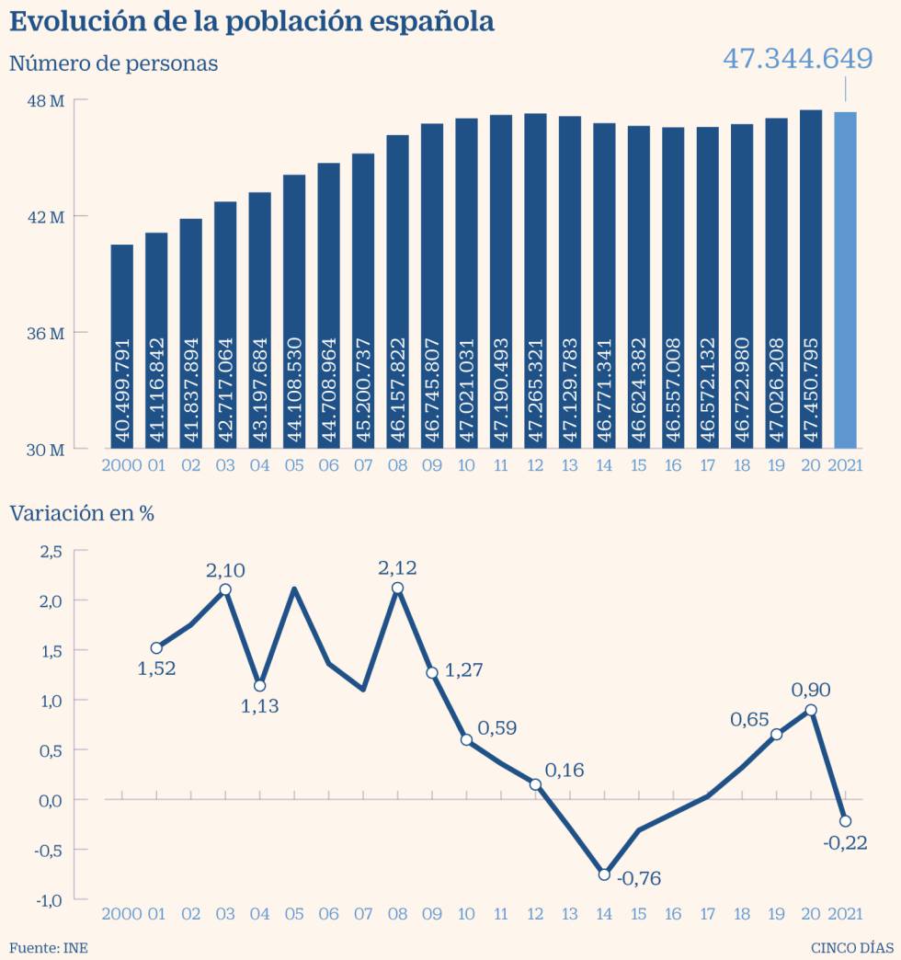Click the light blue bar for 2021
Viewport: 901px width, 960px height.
pyautogui.click(x=845, y=280)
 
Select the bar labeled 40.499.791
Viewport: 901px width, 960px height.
pyautogui.click(x=121, y=347)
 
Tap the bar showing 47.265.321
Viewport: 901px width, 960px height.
pyautogui.click(x=535, y=280)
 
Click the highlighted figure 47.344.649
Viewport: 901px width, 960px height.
pyautogui.click(x=797, y=59)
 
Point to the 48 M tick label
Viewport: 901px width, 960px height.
pyautogui.click(x=44, y=100)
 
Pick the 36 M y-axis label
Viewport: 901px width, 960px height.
pyautogui.click(x=44, y=333)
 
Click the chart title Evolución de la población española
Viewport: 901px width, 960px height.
pyautogui.click(x=252, y=22)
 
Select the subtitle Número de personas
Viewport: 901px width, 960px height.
pyautogui.click(x=113, y=63)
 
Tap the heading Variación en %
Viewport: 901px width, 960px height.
pyautogui.click(x=82, y=513)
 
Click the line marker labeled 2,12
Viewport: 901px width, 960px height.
pyautogui.click(x=397, y=589)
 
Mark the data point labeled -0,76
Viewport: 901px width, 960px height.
pyautogui.click(x=604, y=874)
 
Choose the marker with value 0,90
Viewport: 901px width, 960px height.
pyautogui.click(x=811, y=710)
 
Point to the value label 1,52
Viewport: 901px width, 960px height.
pyautogui.click(x=156, y=669)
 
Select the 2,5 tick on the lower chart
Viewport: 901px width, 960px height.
pyautogui.click(x=50, y=551)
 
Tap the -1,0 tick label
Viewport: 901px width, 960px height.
pyautogui.click(x=48, y=899)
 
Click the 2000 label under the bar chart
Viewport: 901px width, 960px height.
pyautogui.click(x=121, y=465)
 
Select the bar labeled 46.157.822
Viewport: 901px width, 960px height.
pyautogui.click(x=397, y=291)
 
